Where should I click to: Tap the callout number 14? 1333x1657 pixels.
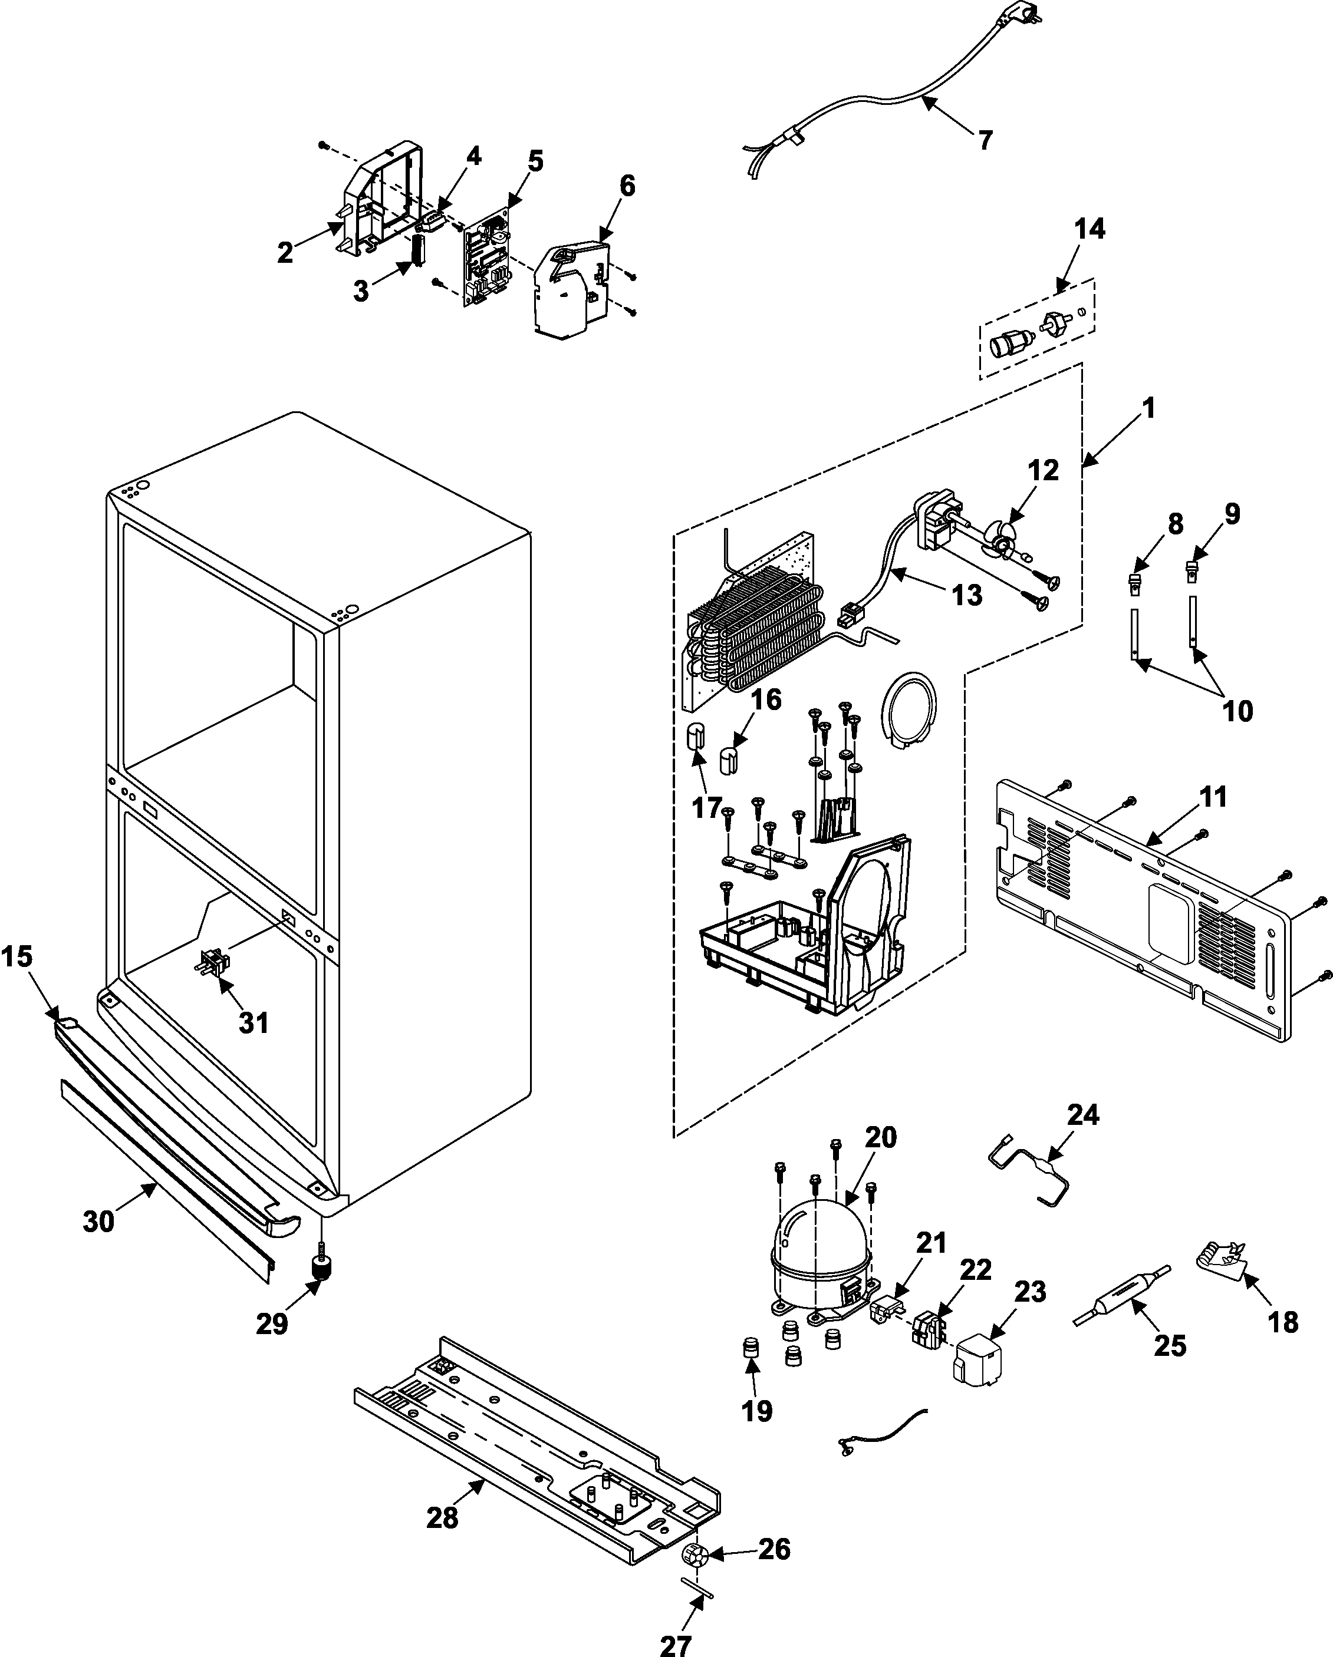pos(1090,229)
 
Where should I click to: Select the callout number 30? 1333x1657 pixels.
pos(98,1221)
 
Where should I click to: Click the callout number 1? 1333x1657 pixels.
pos(1148,408)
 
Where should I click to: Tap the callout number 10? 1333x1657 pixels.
pos(1237,711)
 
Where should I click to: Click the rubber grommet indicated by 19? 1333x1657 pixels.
pos(751,1347)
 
